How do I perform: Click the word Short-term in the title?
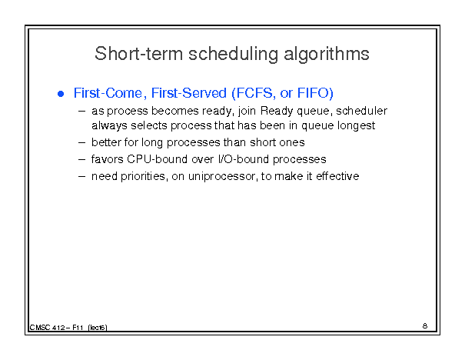click(138, 54)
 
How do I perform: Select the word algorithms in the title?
click(327, 55)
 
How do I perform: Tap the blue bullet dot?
click(61, 94)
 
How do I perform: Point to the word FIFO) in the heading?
click(315, 93)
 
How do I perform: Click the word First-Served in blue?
click(189, 93)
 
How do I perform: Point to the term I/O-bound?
click(244, 159)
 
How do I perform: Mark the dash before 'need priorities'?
click(81, 177)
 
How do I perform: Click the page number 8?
click(425, 326)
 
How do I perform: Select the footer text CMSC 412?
click(47, 328)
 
